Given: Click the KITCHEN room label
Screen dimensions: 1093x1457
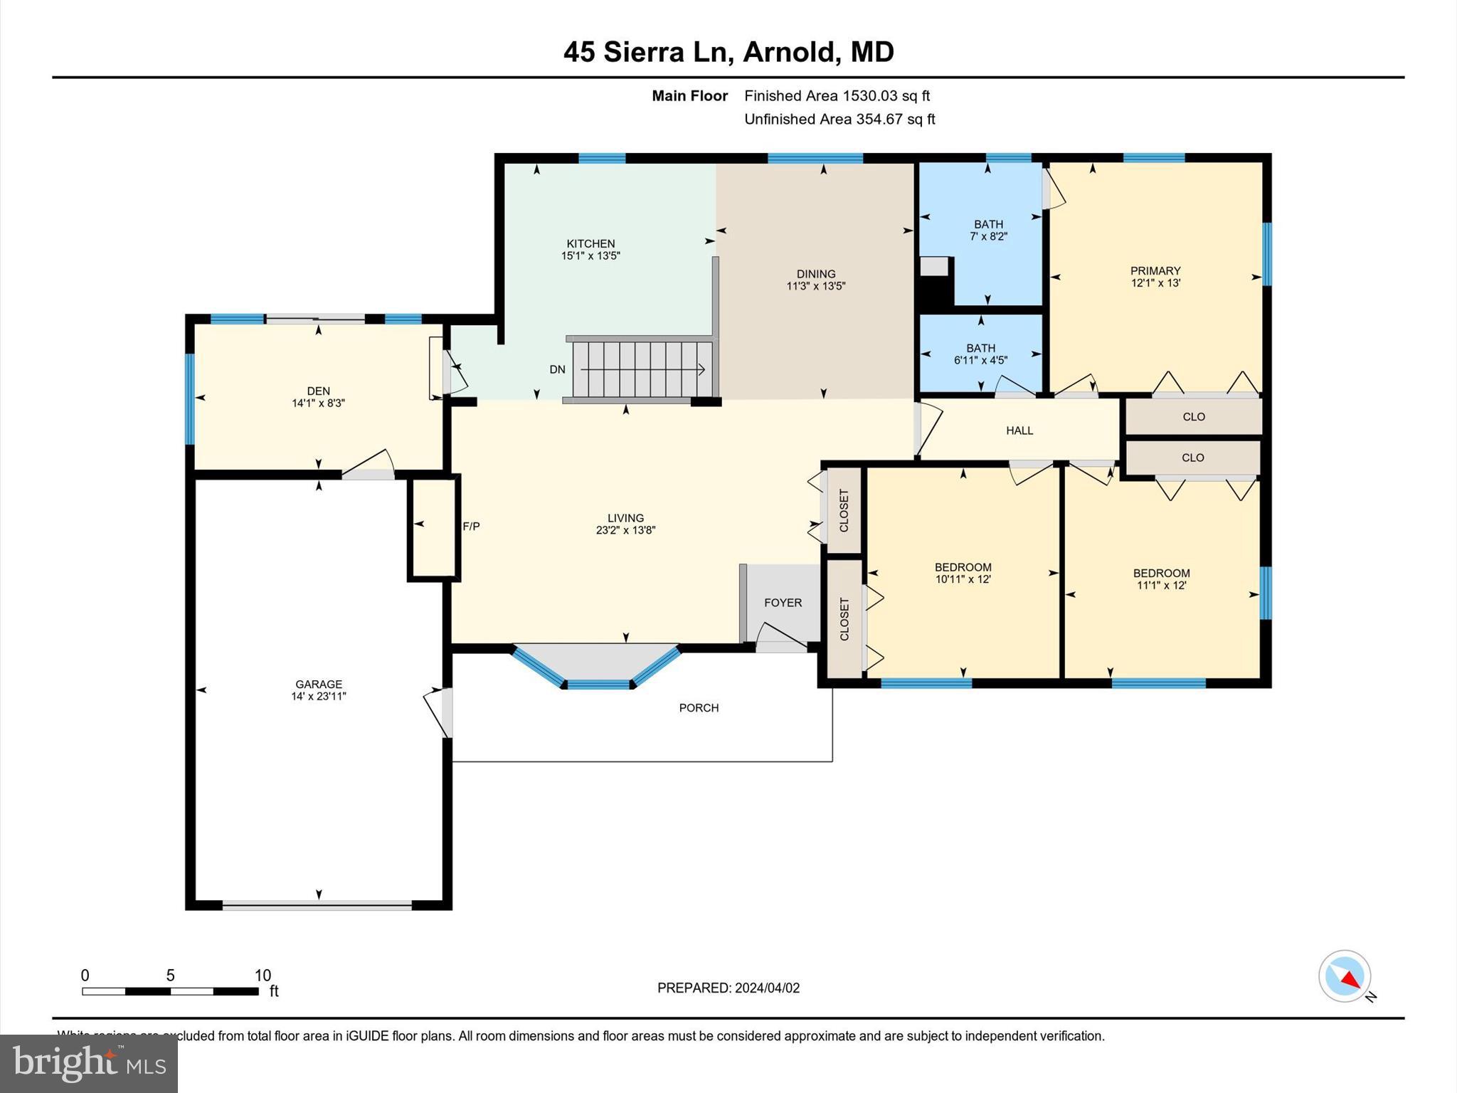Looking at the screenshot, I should (x=590, y=243).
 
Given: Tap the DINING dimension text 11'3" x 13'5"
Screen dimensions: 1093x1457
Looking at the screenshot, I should (x=815, y=286).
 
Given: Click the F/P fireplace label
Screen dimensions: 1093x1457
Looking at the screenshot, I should (x=471, y=527).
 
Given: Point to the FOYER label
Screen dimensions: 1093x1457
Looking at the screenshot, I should (x=783, y=603).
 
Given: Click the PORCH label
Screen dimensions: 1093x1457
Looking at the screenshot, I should (x=699, y=708).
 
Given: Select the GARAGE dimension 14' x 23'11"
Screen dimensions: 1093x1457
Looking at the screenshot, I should (x=318, y=697).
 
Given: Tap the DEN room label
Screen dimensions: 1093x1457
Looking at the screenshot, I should (x=318, y=391).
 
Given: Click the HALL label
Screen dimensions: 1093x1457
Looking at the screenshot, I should (x=1019, y=431).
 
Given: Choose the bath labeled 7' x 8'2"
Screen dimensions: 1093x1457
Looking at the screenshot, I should (x=988, y=230).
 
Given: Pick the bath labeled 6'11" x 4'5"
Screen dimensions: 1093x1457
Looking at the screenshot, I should (x=980, y=354).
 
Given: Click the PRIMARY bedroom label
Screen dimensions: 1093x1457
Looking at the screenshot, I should (x=1155, y=270).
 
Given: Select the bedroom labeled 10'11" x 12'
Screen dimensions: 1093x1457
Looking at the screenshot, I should (x=963, y=573).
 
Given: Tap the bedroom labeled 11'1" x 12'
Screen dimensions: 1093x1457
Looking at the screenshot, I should (x=1161, y=579).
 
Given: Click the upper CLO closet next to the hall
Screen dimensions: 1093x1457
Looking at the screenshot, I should (x=1193, y=417).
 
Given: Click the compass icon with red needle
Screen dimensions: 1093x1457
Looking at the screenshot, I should (x=1344, y=976).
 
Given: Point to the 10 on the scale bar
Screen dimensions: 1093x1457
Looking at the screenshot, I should (x=263, y=976).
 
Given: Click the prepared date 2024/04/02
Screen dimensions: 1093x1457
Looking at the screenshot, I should (x=767, y=988).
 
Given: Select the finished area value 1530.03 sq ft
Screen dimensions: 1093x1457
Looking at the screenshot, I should (x=886, y=96).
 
